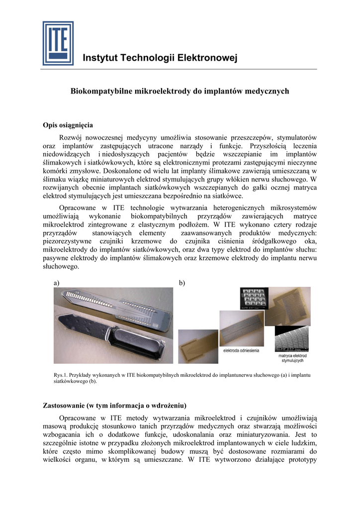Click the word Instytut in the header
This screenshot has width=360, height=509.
(99, 59)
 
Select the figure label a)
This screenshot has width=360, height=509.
(56, 283)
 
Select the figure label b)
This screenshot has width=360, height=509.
(182, 283)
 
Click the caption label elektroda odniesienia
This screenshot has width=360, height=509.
(241, 351)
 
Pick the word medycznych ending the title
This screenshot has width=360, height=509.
(269, 91)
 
